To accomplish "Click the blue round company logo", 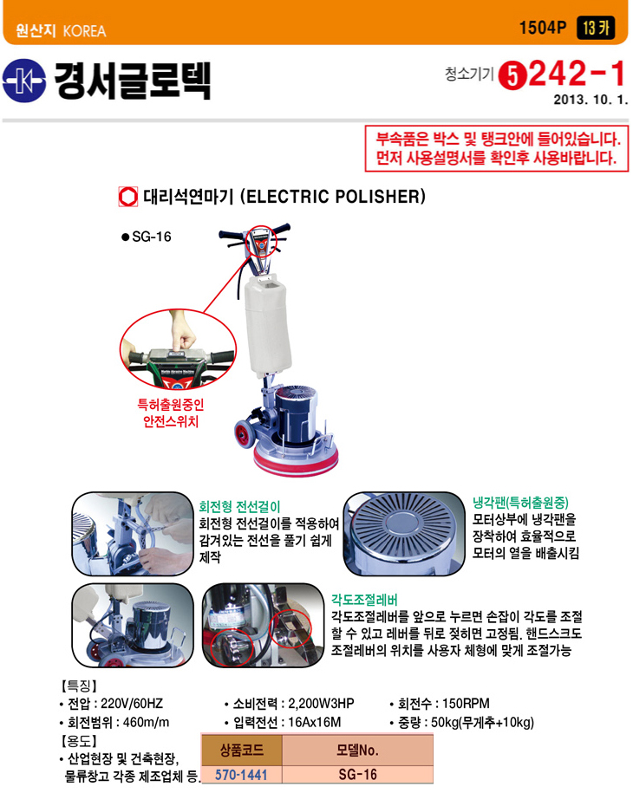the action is click(x=23, y=81).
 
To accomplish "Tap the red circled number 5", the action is click(x=512, y=76).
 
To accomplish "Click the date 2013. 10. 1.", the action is click(x=591, y=100).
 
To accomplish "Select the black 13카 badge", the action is click(x=596, y=28).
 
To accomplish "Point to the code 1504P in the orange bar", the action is click(x=543, y=28).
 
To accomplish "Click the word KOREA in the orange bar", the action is click(x=84, y=31).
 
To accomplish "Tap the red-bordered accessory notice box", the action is click(x=496, y=149).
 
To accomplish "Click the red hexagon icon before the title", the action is click(x=128, y=197).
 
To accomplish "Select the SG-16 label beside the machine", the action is click(x=151, y=237).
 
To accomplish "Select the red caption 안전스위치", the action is click(x=171, y=422).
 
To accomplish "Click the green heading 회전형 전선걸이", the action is click(x=239, y=507).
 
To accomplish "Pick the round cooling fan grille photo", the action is click(x=404, y=534).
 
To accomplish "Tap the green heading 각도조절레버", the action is click(x=364, y=600).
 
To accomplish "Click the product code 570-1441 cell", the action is click(x=241, y=775).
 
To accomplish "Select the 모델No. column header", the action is click(x=358, y=750).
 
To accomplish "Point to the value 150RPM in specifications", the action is click(x=466, y=704).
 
